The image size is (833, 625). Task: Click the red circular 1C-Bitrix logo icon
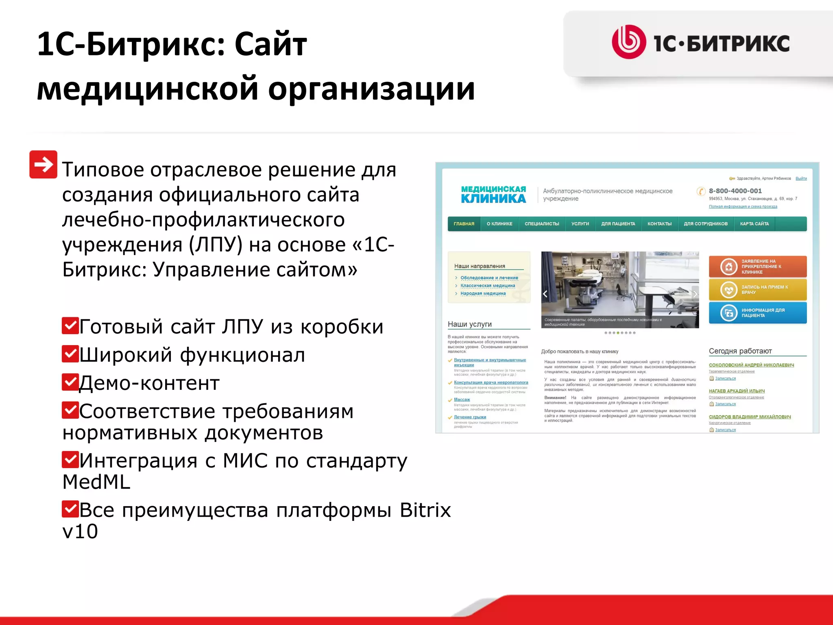point(628,42)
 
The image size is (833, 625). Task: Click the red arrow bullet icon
point(43,164)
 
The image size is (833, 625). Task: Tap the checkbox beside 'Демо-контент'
point(70,382)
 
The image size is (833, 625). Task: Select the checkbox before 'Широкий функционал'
point(70,354)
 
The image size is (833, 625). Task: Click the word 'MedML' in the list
point(96,482)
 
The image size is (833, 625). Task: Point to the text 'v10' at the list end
point(80,531)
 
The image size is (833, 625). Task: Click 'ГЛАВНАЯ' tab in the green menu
point(464,224)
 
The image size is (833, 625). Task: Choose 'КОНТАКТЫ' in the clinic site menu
point(659,224)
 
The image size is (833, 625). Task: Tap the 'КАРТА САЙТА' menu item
point(754,224)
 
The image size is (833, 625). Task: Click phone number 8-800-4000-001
point(735,191)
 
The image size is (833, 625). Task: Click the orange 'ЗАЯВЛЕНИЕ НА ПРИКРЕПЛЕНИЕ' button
point(757,267)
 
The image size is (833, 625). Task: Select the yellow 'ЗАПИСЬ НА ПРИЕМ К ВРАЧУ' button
point(757,289)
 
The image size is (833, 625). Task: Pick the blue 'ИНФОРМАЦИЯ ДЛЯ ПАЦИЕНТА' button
point(757,312)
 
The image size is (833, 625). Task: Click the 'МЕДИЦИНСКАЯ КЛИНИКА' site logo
point(493,194)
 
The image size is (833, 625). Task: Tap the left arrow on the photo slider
point(545,294)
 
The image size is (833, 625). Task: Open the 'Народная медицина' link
point(483,293)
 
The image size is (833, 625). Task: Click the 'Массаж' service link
point(462,400)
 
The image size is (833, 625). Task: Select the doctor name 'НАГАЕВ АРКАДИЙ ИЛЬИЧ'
point(737,391)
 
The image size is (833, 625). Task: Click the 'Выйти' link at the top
point(801,178)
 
